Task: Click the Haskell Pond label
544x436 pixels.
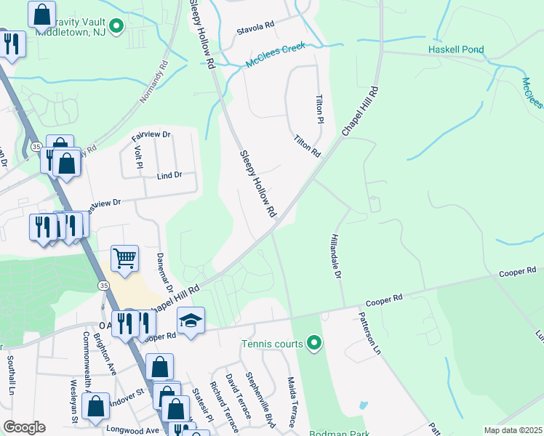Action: [456, 50]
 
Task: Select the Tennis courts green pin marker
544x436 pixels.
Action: [313, 342]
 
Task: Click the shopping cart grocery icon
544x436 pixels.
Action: [125, 259]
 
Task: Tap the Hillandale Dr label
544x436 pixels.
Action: [336, 255]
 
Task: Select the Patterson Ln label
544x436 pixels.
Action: [369, 334]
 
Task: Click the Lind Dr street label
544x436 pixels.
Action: [169, 175]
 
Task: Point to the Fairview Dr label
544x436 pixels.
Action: [151, 135]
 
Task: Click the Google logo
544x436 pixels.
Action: [23, 427]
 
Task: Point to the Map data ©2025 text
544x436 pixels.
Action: [513, 430]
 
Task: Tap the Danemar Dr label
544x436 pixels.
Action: [164, 273]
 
